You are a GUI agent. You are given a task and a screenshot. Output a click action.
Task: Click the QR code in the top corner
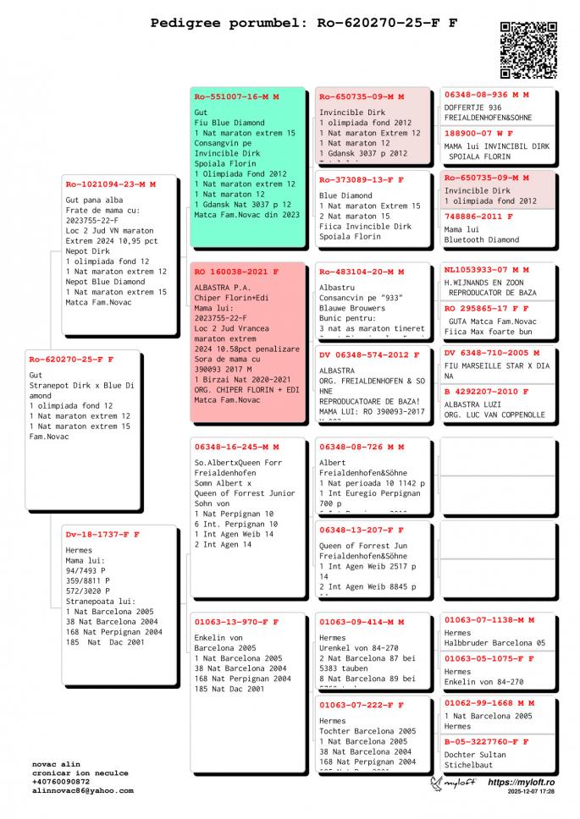click(528, 50)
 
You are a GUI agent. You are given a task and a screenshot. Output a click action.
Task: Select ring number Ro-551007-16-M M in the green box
click(236, 97)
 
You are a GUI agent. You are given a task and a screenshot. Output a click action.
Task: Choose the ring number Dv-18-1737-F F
click(102, 535)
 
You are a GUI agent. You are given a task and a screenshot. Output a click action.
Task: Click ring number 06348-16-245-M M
click(236, 447)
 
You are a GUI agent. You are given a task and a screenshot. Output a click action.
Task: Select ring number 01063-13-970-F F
click(236, 622)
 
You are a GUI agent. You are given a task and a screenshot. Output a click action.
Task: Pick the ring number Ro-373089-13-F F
click(362, 179)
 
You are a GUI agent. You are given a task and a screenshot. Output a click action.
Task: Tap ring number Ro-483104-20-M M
click(362, 272)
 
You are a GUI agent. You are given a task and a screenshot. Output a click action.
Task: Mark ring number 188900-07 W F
click(478, 133)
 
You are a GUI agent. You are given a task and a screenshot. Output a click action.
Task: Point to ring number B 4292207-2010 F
click(487, 392)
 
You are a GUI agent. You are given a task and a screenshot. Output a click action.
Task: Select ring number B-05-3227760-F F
click(487, 741)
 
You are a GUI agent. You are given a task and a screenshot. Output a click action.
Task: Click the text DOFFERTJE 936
click(472, 107)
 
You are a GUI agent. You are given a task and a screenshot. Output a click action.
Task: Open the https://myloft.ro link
click(521, 783)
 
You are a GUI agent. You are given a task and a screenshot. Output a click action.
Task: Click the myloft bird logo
click(439, 783)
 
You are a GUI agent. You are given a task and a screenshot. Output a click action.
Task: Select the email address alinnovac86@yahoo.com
click(83, 790)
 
